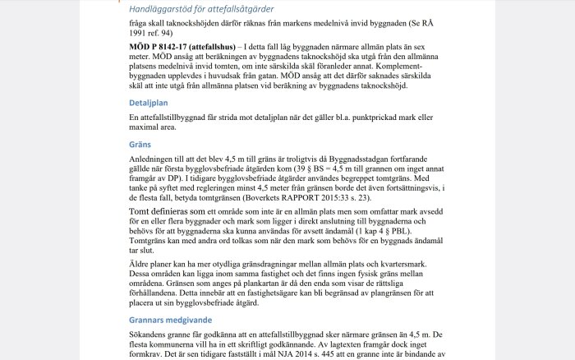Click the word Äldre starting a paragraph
pos(142,263)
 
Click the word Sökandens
pos(150,335)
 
